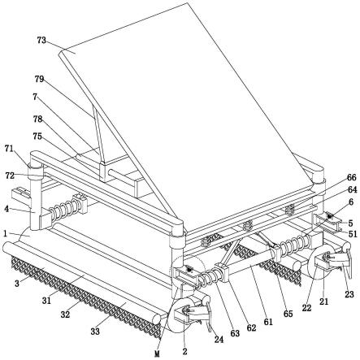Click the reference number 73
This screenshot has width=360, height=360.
[41, 41]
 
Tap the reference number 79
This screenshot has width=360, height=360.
[39, 79]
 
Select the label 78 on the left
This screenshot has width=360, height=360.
[38, 119]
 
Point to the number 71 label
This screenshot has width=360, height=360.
[9, 149]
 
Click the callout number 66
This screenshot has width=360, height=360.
[351, 178]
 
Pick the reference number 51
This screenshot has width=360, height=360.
[353, 233]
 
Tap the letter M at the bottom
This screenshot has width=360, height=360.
[157, 353]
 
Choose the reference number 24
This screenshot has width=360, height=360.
[219, 339]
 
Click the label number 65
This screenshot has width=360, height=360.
[288, 314]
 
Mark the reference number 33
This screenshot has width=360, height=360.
[95, 331]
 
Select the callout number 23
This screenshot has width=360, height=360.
[349, 294]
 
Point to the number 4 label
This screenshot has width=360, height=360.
[7, 209]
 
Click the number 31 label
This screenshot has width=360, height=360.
[46, 300]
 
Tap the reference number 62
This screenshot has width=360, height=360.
[251, 327]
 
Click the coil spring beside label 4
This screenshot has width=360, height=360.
[66, 207]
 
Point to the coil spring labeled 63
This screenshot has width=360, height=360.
[210, 275]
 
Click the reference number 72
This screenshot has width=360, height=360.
[10, 176]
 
